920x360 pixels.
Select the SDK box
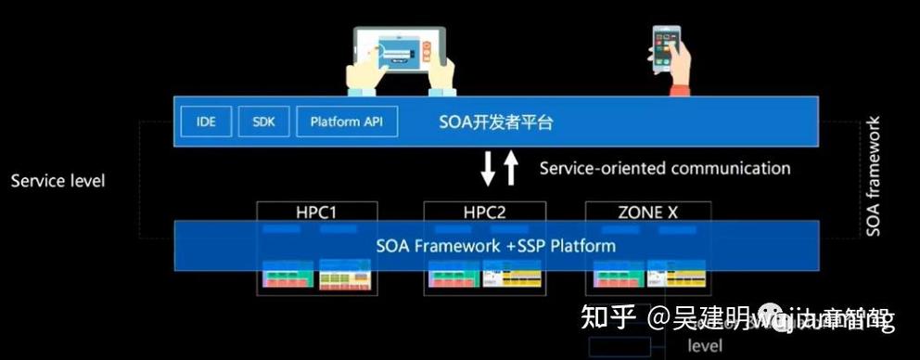click(x=264, y=122)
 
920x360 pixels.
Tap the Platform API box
click(x=347, y=122)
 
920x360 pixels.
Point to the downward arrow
click(x=488, y=170)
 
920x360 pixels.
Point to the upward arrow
click(x=511, y=169)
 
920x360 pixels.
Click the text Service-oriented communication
click(x=665, y=168)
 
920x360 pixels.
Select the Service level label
click(x=57, y=180)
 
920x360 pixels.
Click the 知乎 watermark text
click(x=607, y=320)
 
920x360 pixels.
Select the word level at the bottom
click(x=705, y=345)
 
